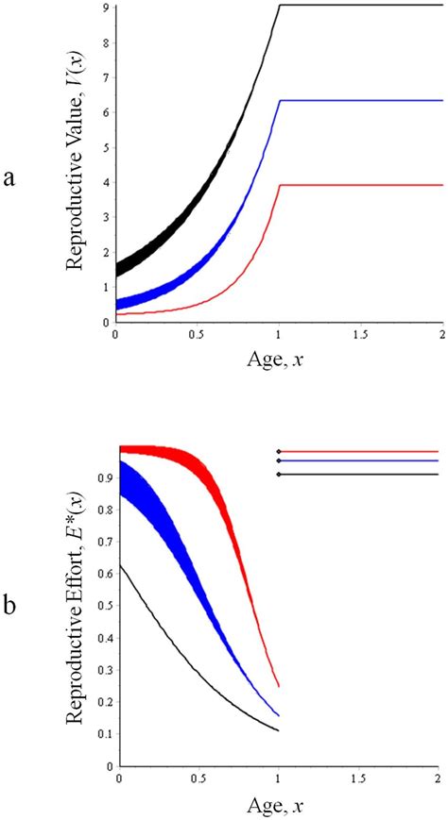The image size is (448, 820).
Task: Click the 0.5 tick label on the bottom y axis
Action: pos(104,606)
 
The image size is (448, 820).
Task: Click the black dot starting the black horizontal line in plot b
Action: pos(279,474)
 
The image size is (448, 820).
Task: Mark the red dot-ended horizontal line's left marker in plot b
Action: pos(279,451)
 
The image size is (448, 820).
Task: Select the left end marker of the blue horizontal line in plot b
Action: pos(279,460)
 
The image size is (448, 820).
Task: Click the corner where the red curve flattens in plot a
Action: pos(279,185)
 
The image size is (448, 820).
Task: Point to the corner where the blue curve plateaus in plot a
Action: pos(279,100)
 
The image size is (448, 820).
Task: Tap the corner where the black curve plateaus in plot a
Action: pos(279,6)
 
